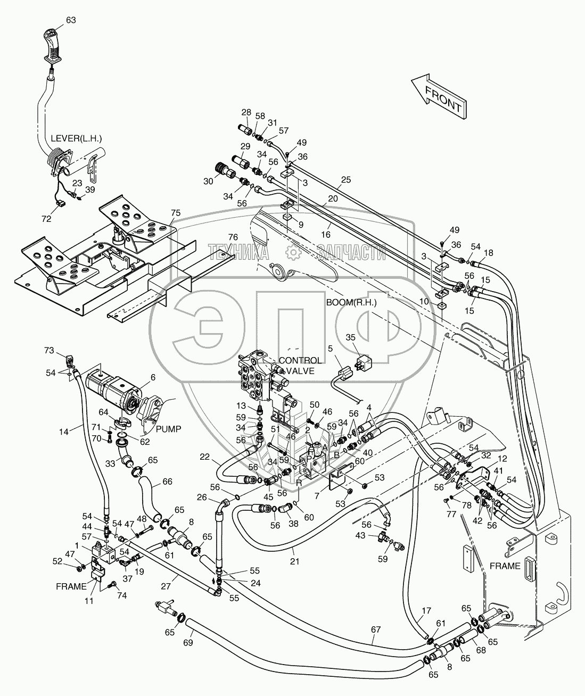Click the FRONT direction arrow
pyautogui.click(x=439, y=101)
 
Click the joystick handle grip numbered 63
pyautogui.click(x=53, y=48)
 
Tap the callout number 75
pyautogui.click(x=176, y=213)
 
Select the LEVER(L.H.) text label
pyautogui.click(x=76, y=138)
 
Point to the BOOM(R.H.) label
pyautogui.click(x=351, y=303)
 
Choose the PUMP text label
pyautogui.click(x=168, y=429)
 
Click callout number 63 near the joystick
pyautogui.click(x=71, y=20)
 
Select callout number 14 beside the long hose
pyautogui.click(x=63, y=432)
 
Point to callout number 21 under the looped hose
pyautogui.click(x=294, y=561)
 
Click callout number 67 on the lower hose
pyautogui.click(x=376, y=629)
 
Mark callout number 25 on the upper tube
pyautogui.click(x=346, y=180)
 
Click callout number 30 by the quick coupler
pyautogui.click(x=209, y=181)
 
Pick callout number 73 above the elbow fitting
pyautogui.click(x=49, y=350)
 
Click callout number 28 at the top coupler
pyautogui.click(x=246, y=112)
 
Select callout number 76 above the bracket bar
pyautogui.click(x=233, y=237)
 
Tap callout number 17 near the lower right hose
pyautogui.click(x=426, y=611)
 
